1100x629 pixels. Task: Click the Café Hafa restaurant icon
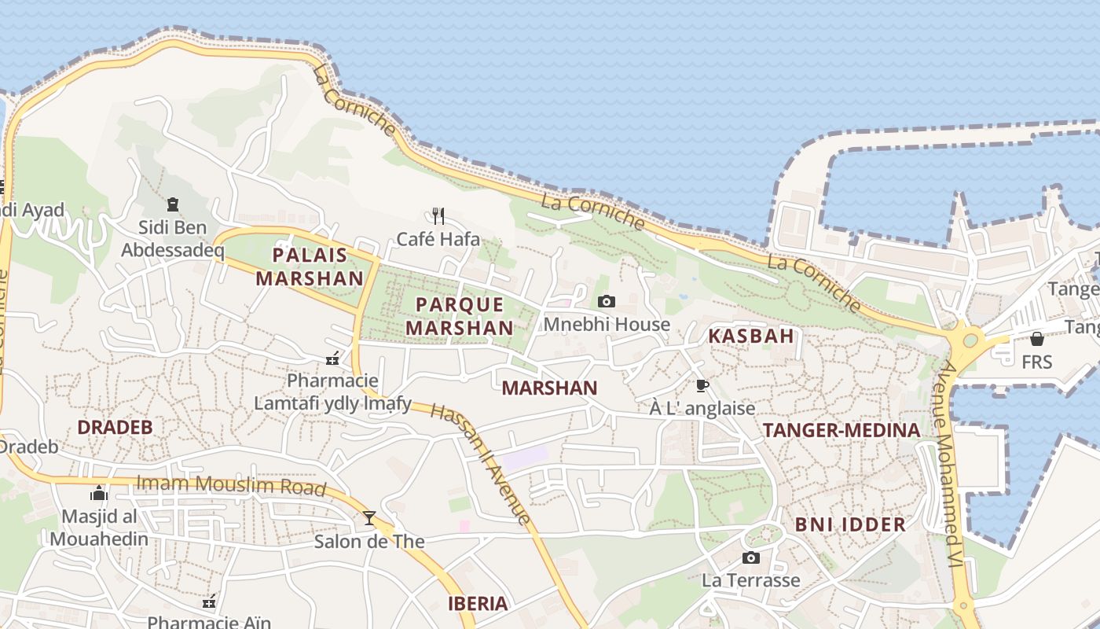[x=438, y=215]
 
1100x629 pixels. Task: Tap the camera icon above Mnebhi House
[x=606, y=301]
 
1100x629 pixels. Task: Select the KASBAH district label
[x=751, y=337]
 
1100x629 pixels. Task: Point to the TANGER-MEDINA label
[x=841, y=430]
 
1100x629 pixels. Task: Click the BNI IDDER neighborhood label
[x=850, y=524]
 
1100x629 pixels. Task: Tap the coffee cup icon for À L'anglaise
[x=702, y=385]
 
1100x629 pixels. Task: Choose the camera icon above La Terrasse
[x=751, y=557]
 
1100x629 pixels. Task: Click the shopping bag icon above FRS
[x=1037, y=339]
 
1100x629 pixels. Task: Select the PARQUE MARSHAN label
[x=460, y=315]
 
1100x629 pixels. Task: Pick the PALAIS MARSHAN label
[x=310, y=267]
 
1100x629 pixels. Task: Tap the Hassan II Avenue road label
[x=481, y=464]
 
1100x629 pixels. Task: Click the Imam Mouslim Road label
[x=231, y=485]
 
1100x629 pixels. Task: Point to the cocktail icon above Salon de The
[x=369, y=517]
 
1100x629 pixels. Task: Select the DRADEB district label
[x=115, y=428]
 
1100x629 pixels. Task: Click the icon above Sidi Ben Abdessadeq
[x=173, y=204]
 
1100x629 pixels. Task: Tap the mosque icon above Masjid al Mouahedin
[x=99, y=493]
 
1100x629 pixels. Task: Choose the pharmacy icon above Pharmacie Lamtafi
[x=332, y=359]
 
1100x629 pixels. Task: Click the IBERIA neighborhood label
[x=478, y=604]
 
